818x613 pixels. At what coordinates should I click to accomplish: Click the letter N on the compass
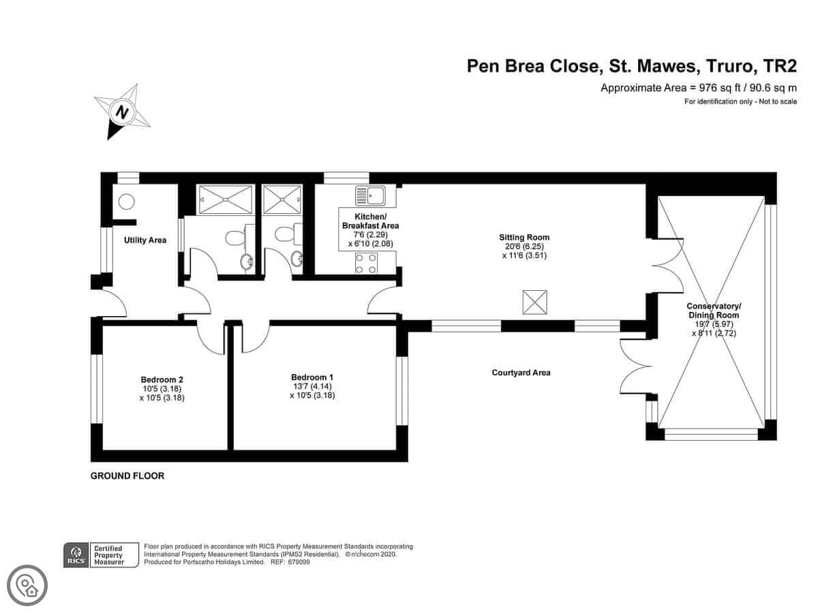tap(122, 112)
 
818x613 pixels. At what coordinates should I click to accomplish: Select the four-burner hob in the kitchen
tap(366, 263)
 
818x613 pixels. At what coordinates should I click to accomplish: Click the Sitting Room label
tap(524, 237)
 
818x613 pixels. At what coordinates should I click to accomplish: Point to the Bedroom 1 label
tap(312, 377)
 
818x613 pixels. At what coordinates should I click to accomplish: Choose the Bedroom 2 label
tap(162, 379)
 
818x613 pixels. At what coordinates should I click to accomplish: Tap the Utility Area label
tap(145, 240)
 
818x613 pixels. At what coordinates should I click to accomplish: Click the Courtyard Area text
tap(521, 373)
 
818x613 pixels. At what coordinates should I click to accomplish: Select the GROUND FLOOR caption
tap(127, 475)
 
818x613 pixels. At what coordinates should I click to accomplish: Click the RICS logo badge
tap(76, 555)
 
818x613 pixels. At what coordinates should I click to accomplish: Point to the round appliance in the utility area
tap(126, 202)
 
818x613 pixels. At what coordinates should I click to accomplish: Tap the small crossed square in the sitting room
tap(535, 302)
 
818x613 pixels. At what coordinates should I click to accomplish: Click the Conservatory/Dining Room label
tap(714, 311)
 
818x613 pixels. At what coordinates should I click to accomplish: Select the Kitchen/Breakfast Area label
tap(370, 221)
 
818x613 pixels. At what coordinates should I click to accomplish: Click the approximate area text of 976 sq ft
tap(699, 89)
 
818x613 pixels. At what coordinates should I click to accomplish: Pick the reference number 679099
tap(299, 562)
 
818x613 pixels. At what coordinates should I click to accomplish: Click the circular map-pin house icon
tap(27, 586)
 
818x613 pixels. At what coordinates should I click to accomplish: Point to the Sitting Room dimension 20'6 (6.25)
tap(524, 247)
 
